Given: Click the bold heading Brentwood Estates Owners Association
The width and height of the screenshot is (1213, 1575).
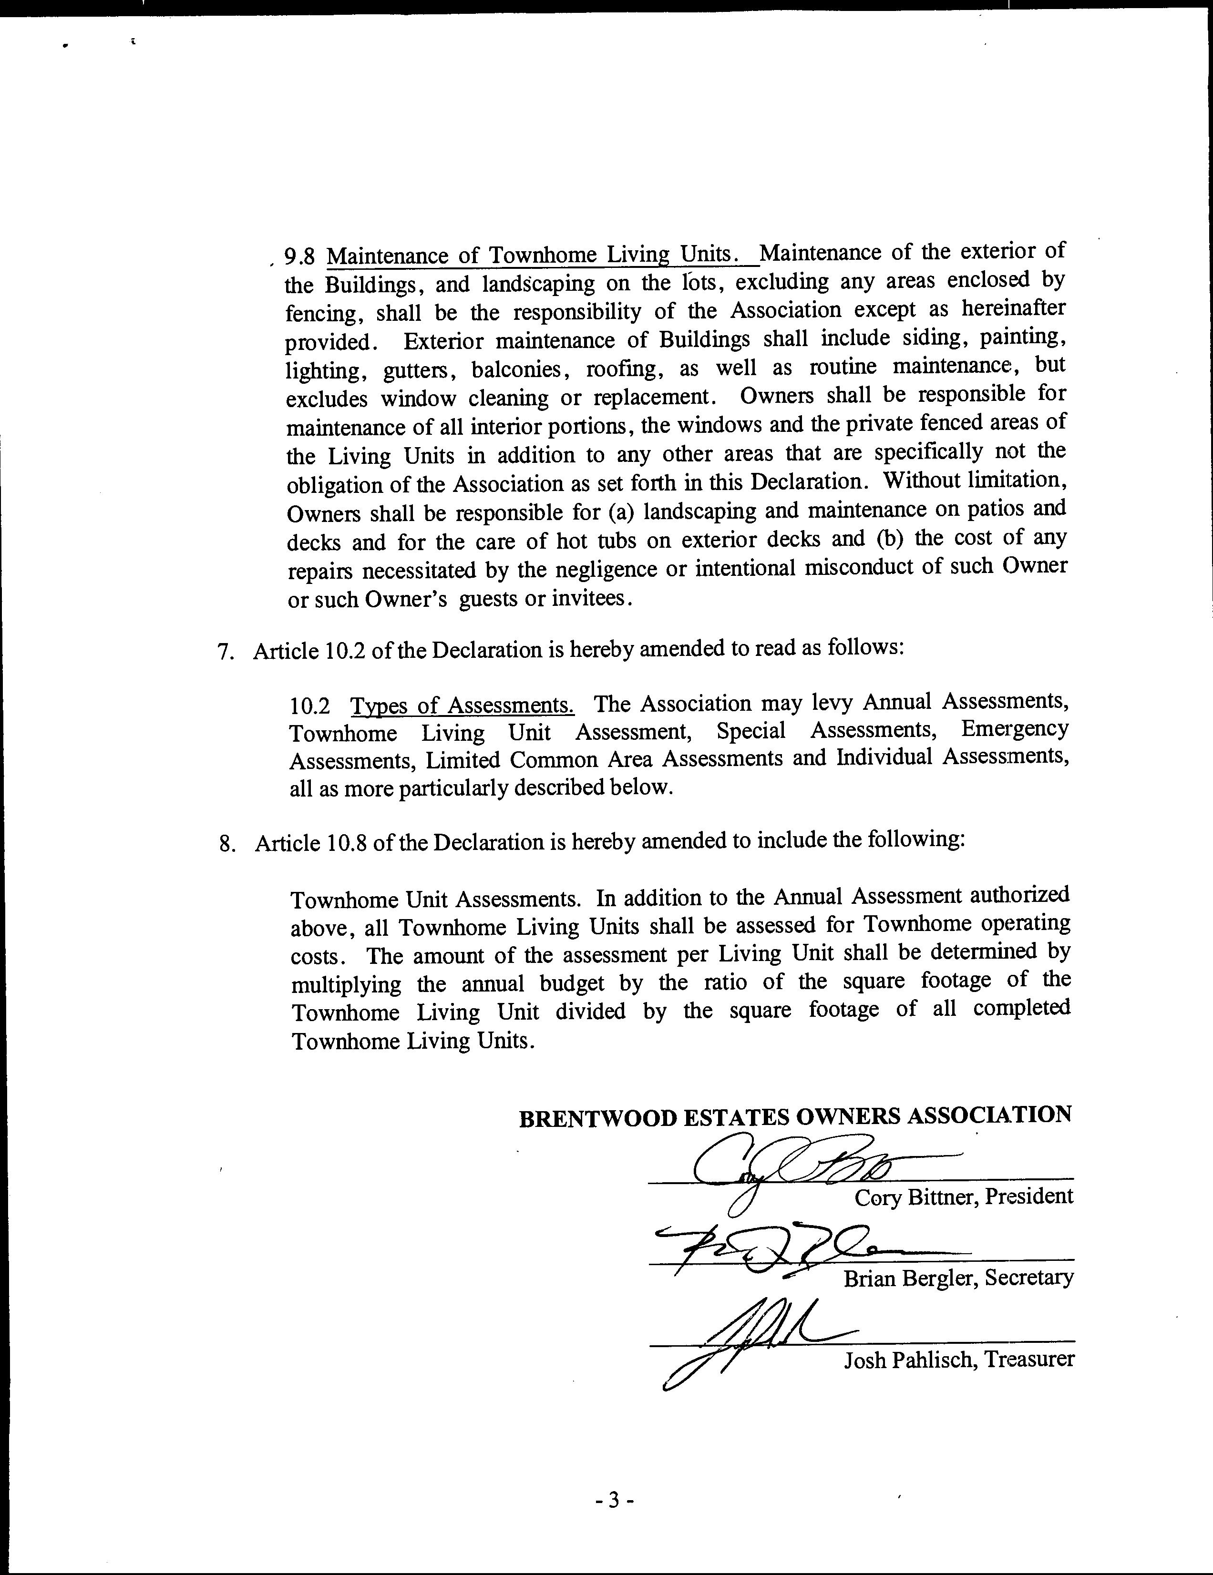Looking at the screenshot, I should pos(795,1117).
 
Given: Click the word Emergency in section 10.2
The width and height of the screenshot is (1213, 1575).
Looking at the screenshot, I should pos(1015,729).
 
